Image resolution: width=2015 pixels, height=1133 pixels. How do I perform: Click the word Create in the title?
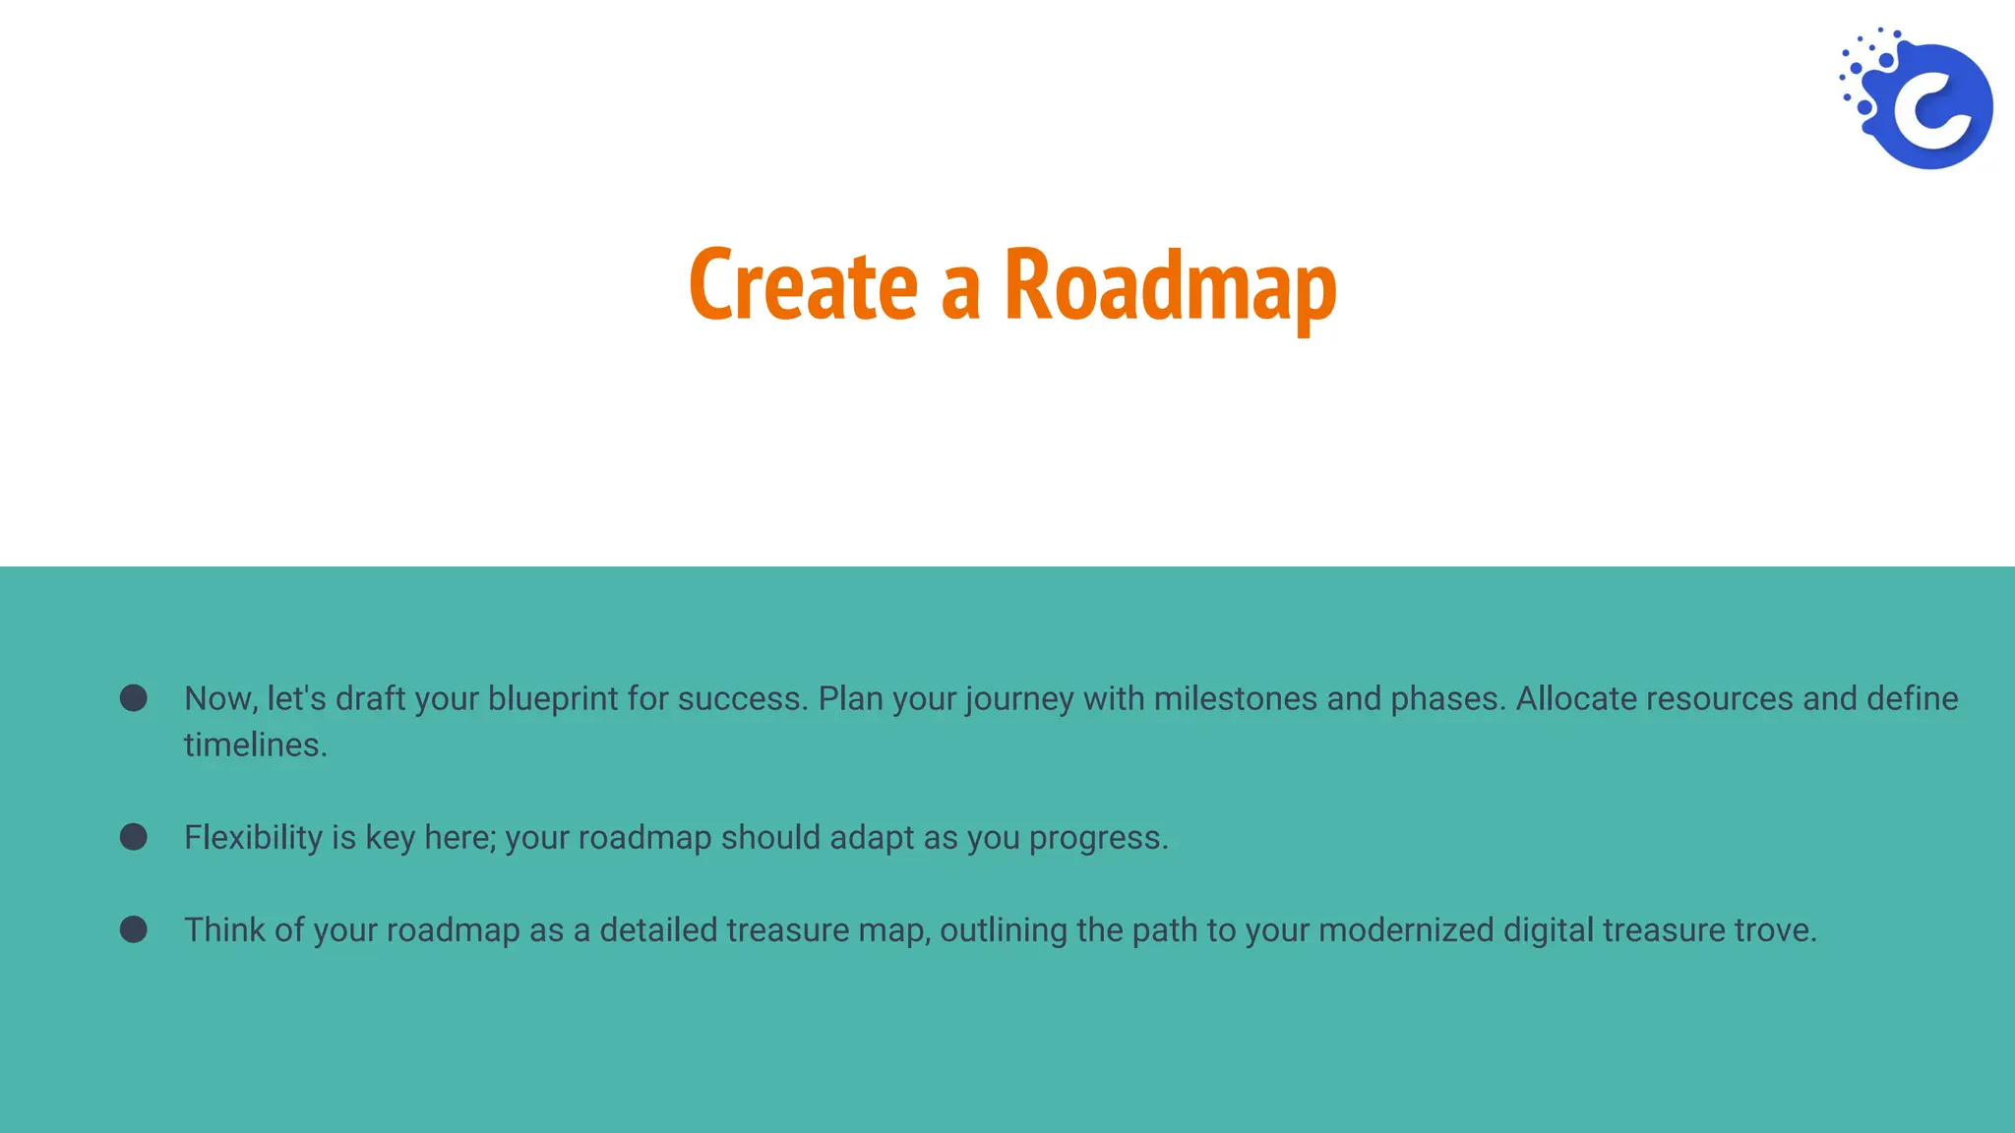click(803, 285)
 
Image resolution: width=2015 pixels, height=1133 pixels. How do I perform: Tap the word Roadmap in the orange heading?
click(1170, 285)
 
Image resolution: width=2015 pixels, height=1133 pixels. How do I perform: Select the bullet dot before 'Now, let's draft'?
click(134, 698)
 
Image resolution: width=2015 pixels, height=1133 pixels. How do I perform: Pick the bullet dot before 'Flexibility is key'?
click(134, 837)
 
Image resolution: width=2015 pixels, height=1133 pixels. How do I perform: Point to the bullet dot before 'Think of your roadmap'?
click(134, 929)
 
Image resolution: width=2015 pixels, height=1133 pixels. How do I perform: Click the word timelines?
click(255, 745)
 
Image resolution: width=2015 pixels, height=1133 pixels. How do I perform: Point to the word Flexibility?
click(253, 838)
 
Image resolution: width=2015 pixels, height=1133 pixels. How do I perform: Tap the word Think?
click(224, 930)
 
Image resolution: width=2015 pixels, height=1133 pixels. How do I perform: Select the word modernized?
click(1406, 930)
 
